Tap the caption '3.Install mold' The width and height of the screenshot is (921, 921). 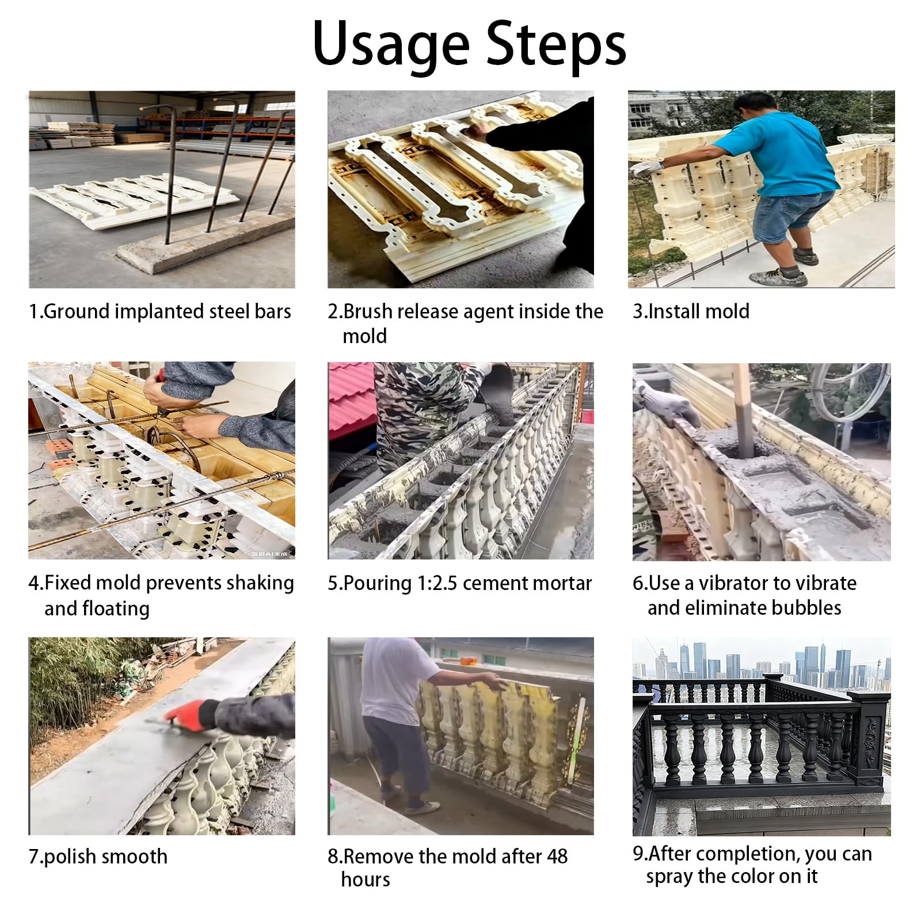pos(691,311)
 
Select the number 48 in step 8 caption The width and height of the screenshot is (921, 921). pos(557,856)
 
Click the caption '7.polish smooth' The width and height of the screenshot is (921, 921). pos(98,857)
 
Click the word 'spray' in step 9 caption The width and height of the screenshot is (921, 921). pos(669,877)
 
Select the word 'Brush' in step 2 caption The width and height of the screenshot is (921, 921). pos(368,311)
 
